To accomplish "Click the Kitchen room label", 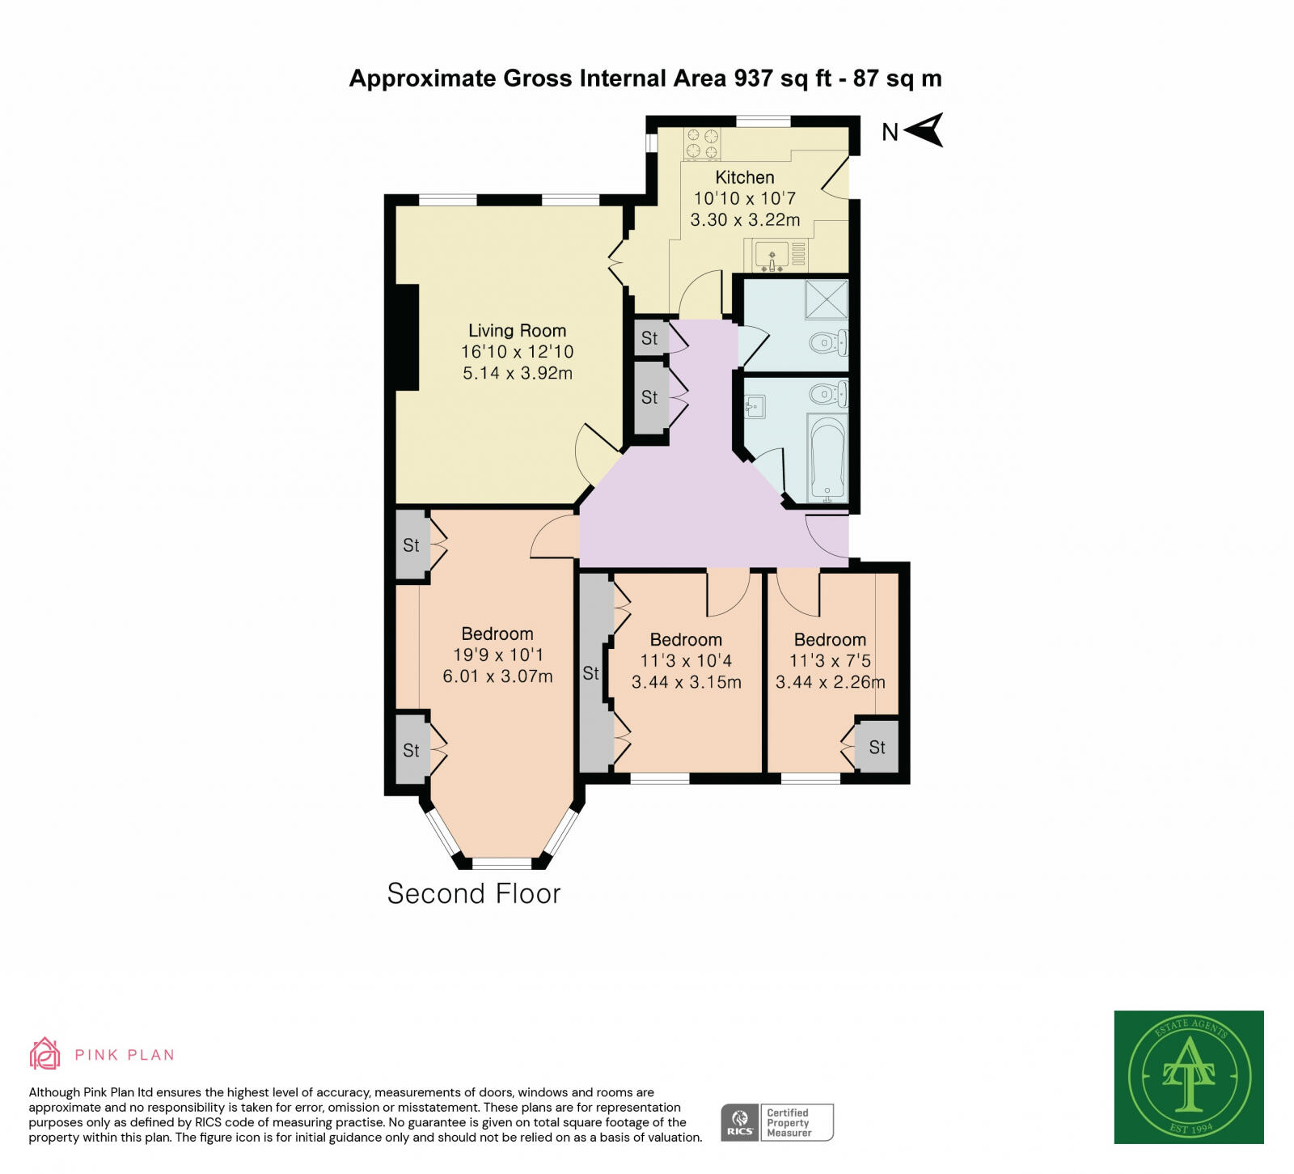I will (x=745, y=177).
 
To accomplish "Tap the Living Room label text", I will (x=517, y=330).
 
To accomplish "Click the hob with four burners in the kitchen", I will (x=702, y=144).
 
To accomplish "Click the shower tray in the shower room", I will (x=826, y=299).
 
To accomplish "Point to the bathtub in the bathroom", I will (x=827, y=458).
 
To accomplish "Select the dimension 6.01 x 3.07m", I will (x=497, y=676).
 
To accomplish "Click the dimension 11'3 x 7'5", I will (x=830, y=661).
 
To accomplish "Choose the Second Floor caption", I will (x=473, y=893).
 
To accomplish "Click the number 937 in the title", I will (x=753, y=78).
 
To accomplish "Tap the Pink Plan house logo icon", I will (x=44, y=1053).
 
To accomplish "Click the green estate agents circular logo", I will (x=1189, y=1077).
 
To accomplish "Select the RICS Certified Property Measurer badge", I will (x=776, y=1122).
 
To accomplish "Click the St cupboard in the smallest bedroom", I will (x=877, y=748).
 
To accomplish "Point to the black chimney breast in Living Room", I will (x=407, y=337).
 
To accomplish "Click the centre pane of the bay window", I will (x=501, y=862).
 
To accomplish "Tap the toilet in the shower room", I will (x=829, y=343).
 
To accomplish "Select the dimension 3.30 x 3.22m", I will (x=745, y=219).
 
